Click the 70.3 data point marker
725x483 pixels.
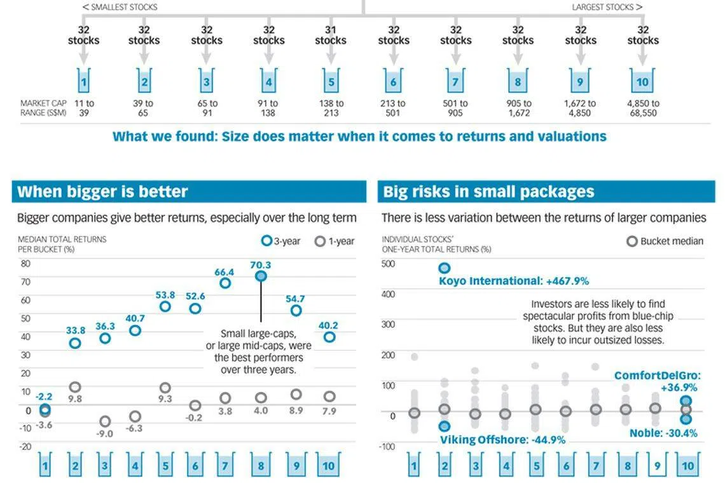261,276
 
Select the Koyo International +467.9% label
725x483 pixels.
514,281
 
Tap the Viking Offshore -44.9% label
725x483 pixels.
502,440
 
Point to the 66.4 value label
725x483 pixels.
224,272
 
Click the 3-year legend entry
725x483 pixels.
282,241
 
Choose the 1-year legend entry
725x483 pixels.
335,241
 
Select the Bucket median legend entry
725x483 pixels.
665,241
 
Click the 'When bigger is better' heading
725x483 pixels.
102,192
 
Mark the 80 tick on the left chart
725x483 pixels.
25,264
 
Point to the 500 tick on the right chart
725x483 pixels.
388,264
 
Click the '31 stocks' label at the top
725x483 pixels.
331,35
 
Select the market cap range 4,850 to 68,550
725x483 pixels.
643,108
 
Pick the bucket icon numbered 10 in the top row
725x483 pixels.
642,82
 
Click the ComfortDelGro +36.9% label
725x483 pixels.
656,381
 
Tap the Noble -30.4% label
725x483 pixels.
663,433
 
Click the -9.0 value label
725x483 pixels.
104,433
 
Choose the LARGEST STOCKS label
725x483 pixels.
607,7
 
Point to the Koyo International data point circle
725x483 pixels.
444,268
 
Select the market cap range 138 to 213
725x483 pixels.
331,108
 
